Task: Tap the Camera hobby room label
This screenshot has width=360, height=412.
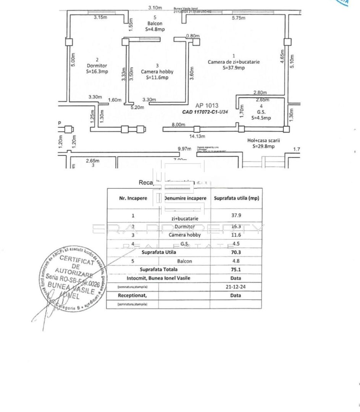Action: pyautogui.click(x=157, y=71)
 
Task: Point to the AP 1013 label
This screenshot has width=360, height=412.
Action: pyautogui.click(x=207, y=106)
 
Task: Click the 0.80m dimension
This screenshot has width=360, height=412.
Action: pyautogui.click(x=193, y=36)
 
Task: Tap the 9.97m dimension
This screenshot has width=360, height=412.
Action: pyautogui.click(x=184, y=148)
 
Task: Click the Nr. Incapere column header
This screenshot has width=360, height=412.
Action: pyautogui.click(x=133, y=198)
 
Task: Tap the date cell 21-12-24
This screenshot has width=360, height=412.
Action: pyautogui.click(x=236, y=286)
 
